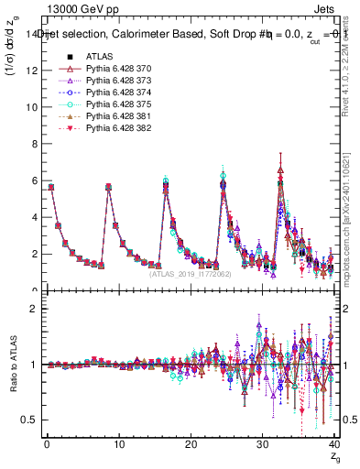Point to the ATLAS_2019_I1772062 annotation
tap(191, 273)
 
